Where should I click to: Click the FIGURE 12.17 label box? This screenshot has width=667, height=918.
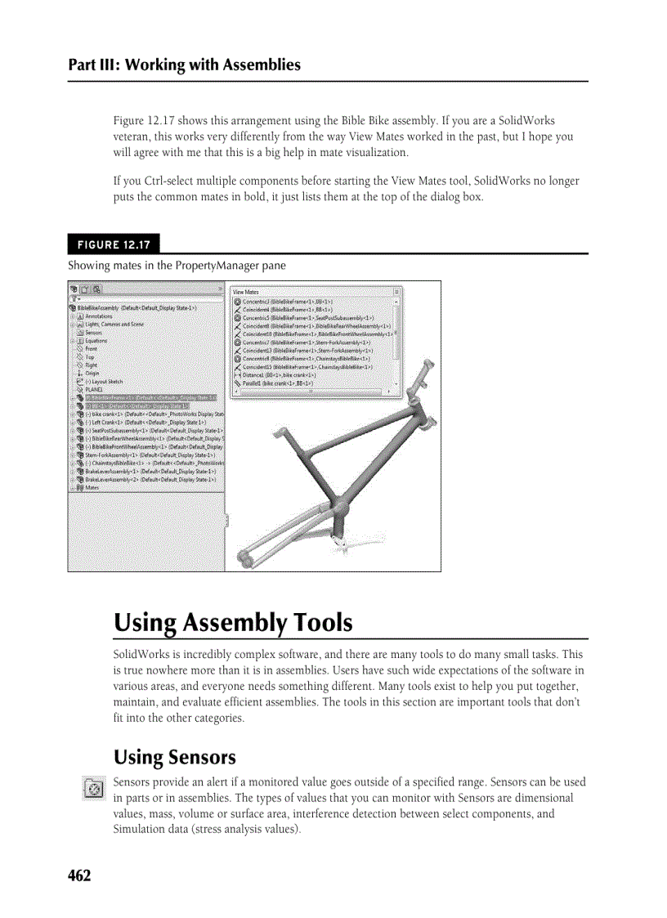pos(114,244)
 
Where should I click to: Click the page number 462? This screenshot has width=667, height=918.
pos(79,876)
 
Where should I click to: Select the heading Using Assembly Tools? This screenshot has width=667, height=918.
pos(233,623)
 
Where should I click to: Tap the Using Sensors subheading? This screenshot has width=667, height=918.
pos(174,757)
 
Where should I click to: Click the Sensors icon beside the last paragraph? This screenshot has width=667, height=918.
pos(93,790)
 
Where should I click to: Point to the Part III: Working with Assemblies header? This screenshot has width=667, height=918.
pos(185,65)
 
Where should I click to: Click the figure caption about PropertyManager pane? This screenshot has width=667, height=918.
pos(177,266)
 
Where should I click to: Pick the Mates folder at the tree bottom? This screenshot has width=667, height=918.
pos(92,488)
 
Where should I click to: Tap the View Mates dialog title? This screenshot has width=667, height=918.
pos(248,292)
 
